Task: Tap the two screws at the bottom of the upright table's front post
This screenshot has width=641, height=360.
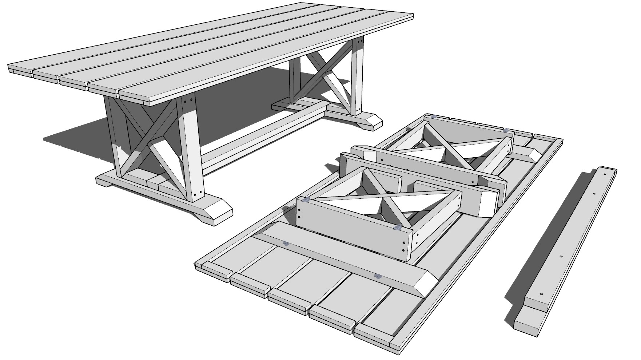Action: click(x=197, y=193)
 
